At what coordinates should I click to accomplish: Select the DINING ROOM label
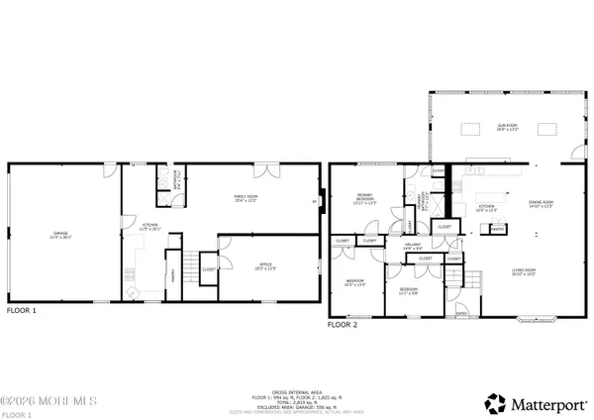point(541,204)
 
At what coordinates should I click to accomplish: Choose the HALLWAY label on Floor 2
point(413,247)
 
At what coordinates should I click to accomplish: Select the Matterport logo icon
point(493,403)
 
